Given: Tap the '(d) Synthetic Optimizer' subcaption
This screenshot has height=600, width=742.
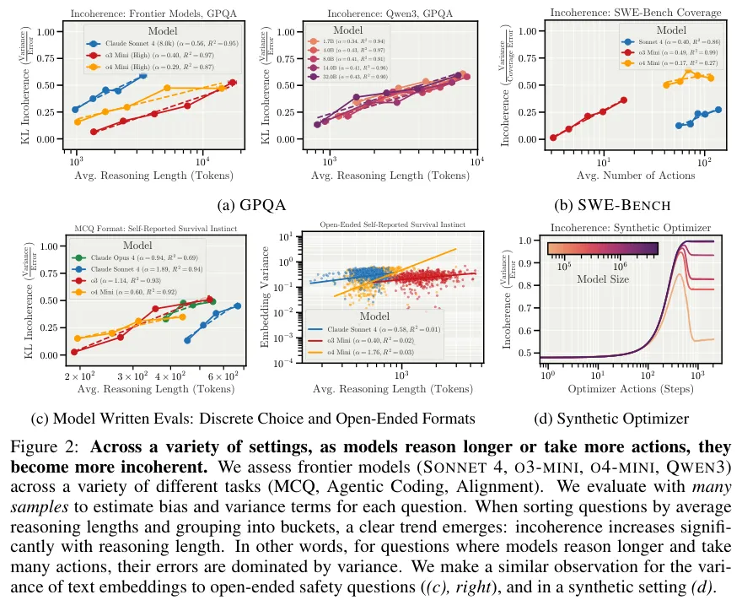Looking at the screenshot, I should pyautogui.click(x=611, y=419).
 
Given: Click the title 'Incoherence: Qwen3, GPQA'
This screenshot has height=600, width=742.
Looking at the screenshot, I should pyautogui.click(x=394, y=14).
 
